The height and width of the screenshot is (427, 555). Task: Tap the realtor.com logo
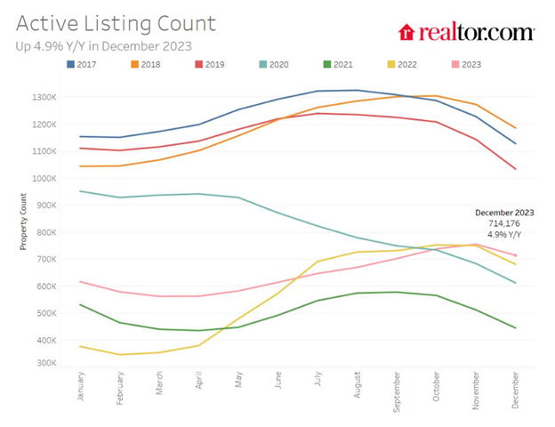(467, 33)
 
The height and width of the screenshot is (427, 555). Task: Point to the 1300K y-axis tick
(45, 97)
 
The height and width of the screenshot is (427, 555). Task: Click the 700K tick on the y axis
(47, 260)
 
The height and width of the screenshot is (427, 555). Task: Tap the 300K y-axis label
(47, 363)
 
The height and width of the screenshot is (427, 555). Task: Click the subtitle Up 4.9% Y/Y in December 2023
(104, 44)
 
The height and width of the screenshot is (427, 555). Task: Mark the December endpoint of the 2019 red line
(516, 169)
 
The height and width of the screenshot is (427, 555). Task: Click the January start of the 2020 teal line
(80, 191)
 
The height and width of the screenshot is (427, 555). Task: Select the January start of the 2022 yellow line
(80, 346)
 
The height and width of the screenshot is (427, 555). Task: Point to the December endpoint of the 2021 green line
(516, 328)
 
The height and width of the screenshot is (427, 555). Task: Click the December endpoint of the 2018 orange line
(516, 128)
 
